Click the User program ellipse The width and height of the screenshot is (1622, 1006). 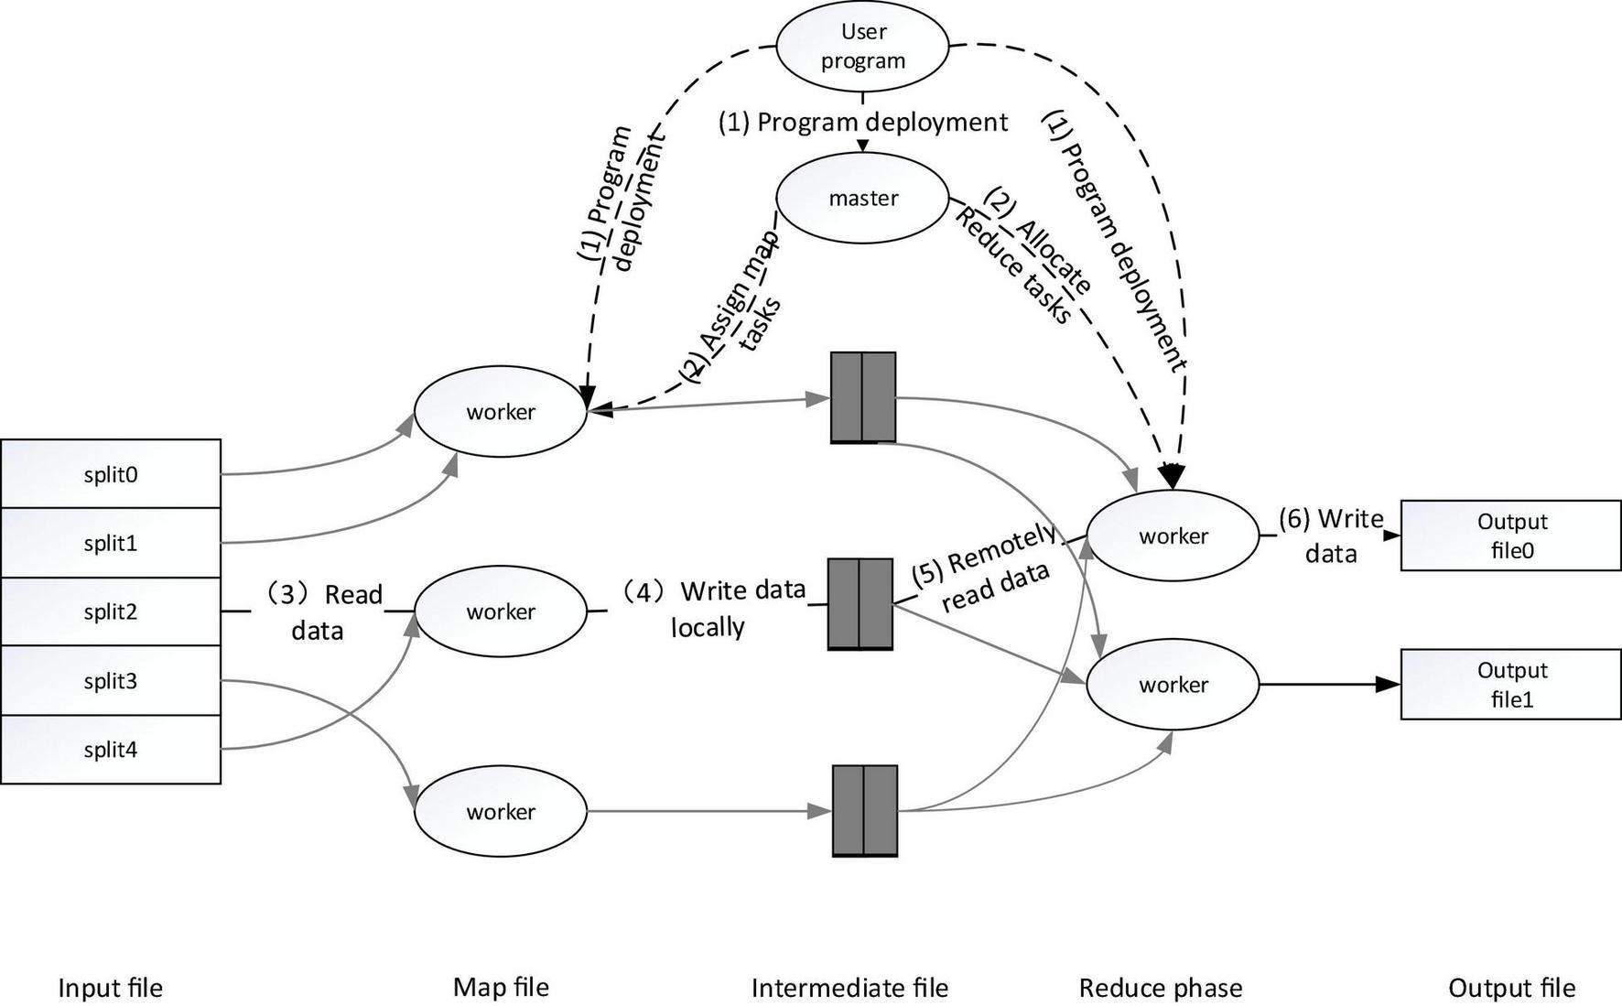point(862,46)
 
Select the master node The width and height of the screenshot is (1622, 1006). point(862,198)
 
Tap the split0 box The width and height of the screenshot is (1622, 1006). point(111,474)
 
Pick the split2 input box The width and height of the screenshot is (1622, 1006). point(111,611)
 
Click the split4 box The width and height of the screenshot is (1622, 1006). point(111,750)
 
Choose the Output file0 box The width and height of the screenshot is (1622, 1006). point(1510,535)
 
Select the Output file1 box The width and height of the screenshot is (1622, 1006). point(1510,685)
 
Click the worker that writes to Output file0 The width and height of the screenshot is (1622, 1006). point(1173,536)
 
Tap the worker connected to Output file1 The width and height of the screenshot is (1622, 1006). point(1173,685)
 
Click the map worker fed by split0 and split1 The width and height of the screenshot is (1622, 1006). point(500,412)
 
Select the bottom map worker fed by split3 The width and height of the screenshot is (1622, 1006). point(500,812)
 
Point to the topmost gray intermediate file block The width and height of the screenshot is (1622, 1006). point(862,397)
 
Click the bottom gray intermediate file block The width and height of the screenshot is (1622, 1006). point(864,811)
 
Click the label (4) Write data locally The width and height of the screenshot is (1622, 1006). point(723,609)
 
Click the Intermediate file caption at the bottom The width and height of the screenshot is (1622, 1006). point(849,988)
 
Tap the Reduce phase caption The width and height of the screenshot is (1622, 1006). point(1160,988)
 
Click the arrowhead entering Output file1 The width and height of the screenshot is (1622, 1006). point(1390,685)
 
